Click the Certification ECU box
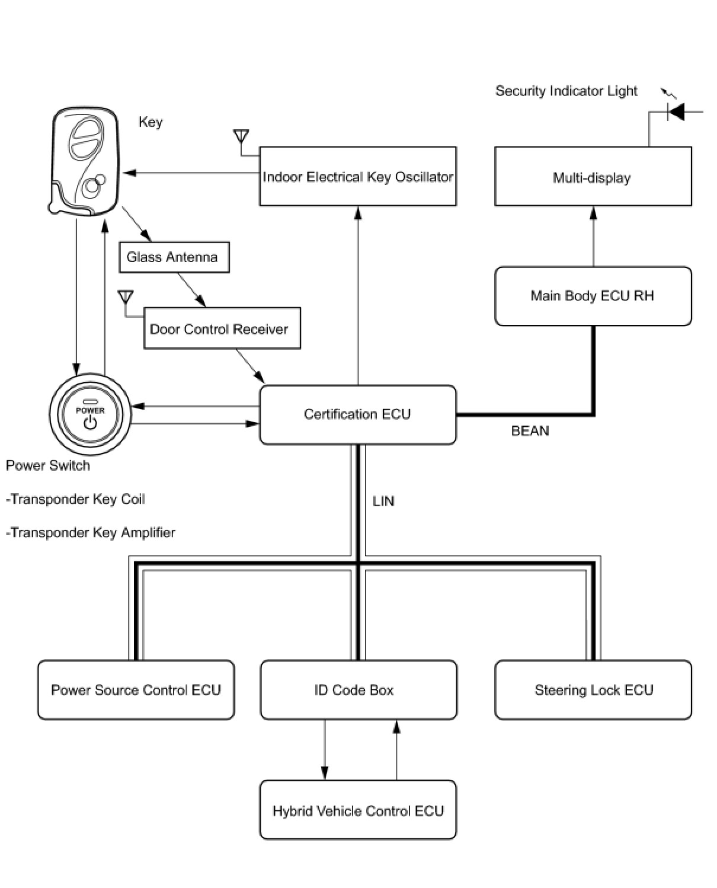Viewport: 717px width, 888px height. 357,414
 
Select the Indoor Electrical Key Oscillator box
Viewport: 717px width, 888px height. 358,176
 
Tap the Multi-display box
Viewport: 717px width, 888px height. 593,176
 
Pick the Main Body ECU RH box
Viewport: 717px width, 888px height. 593,296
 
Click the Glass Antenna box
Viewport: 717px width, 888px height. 174,257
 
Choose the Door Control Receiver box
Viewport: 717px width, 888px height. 222,328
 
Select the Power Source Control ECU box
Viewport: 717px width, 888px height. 136,689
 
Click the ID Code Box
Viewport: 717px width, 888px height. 358,689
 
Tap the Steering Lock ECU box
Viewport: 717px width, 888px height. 593,689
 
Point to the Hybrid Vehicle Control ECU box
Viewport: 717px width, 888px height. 358,810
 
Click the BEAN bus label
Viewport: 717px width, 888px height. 530,430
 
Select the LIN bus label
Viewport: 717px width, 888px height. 383,501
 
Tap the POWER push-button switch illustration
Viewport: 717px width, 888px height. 90,414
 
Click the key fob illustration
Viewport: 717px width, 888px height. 84,161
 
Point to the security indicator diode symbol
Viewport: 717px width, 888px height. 676,111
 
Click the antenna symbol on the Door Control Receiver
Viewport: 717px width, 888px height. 126,297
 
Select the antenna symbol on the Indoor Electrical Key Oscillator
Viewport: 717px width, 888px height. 241,136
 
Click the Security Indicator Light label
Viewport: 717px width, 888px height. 566,91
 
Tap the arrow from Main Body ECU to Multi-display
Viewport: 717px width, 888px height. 593,237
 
